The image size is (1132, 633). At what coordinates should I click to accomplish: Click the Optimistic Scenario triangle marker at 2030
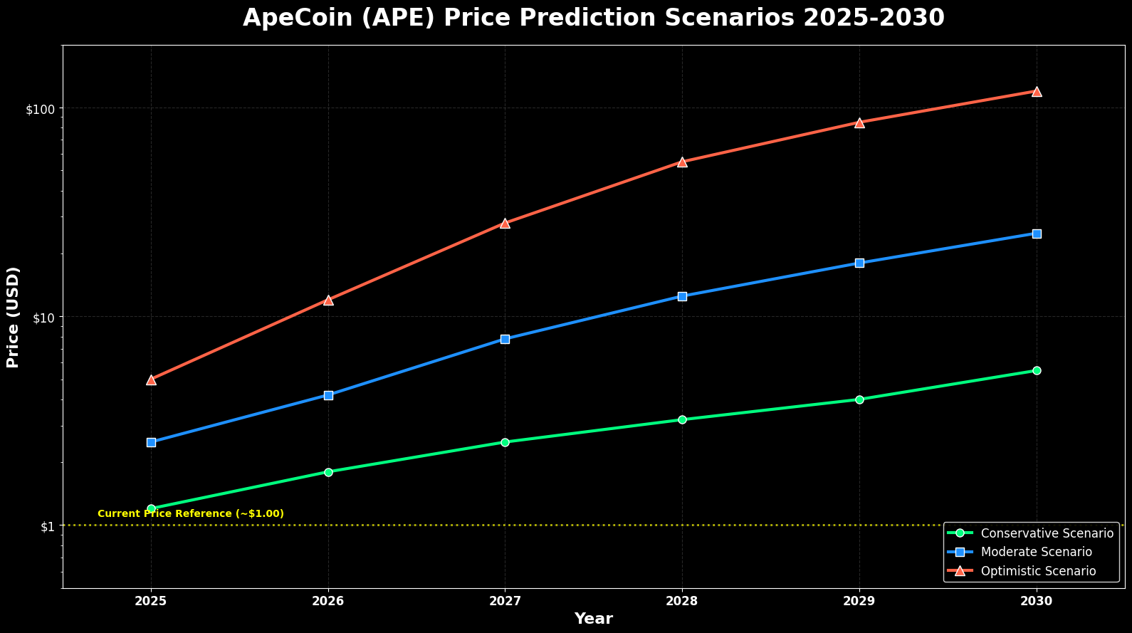tap(1037, 91)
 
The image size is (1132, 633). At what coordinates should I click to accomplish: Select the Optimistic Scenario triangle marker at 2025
tap(151, 380)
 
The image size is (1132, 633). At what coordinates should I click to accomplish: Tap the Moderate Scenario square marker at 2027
tap(505, 339)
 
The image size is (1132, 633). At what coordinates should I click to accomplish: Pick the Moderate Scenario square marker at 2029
tap(859, 263)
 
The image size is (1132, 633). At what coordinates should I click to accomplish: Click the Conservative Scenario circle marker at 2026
tap(328, 472)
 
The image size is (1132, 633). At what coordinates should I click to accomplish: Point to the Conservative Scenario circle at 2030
tap(1037, 370)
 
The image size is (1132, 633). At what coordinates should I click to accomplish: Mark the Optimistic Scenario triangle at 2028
tap(682, 162)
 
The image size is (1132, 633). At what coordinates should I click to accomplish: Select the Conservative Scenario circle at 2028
tap(682, 419)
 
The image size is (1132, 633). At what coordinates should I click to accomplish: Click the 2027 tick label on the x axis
tap(505, 601)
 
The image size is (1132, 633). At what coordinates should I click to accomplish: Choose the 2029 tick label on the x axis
tap(859, 601)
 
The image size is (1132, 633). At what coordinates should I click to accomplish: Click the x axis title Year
tap(593, 619)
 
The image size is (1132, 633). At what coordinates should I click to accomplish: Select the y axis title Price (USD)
tap(13, 317)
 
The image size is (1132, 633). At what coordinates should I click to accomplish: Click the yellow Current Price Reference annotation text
tap(190, 513)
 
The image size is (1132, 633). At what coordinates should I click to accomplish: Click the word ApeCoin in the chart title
tap(290, 18)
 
